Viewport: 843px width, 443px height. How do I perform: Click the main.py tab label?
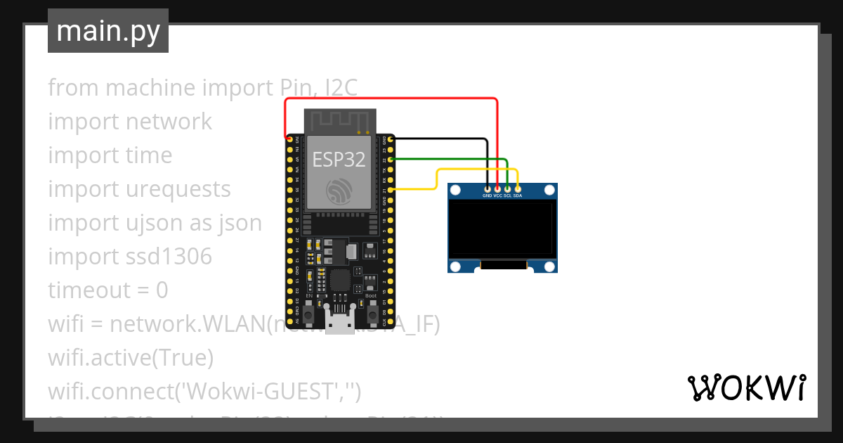pyautogui.click(x=107, y=31)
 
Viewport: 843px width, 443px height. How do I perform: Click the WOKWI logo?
pyautogui.click(x=745, y=387)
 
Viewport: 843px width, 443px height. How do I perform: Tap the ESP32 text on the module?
pyautogui.click(x=339, y=159)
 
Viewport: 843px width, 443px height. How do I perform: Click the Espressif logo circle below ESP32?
pyautogui.click(x=339, y=191)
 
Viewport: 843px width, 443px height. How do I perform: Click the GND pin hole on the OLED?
pyautogui.click(x=488, y=188)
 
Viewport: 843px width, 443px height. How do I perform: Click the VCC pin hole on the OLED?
pyautogui.click(x=497, y=188)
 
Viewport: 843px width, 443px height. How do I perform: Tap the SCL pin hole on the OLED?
pyautogui.click(x=507, y=188)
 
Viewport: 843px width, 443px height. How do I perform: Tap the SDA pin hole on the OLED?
pyautogui.click(x=518, y=188)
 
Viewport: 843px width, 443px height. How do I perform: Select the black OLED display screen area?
pyautogui.click(x=502, y=229)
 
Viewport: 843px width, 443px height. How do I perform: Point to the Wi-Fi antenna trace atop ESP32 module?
pyautogui.click(x=339, y=121)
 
